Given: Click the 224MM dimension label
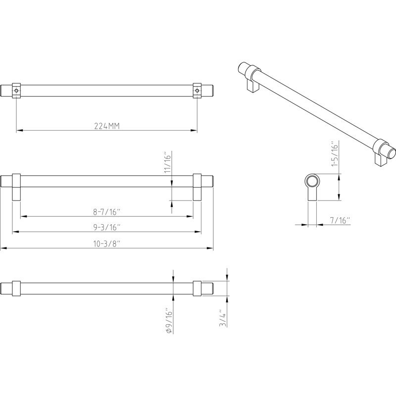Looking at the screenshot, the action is point(106,126).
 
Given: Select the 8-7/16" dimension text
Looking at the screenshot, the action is point(106,212).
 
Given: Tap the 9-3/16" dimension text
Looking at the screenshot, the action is point(106,227).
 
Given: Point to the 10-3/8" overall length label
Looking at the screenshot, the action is point(106,244).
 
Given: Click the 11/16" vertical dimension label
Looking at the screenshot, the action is point(168,162).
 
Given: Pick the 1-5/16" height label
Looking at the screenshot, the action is point(334,153).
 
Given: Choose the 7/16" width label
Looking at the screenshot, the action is point(340,220).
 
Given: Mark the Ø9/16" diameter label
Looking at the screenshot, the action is point(169,320).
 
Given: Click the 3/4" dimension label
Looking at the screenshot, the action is point(223,318).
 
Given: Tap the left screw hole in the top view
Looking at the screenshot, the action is point(16,91).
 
